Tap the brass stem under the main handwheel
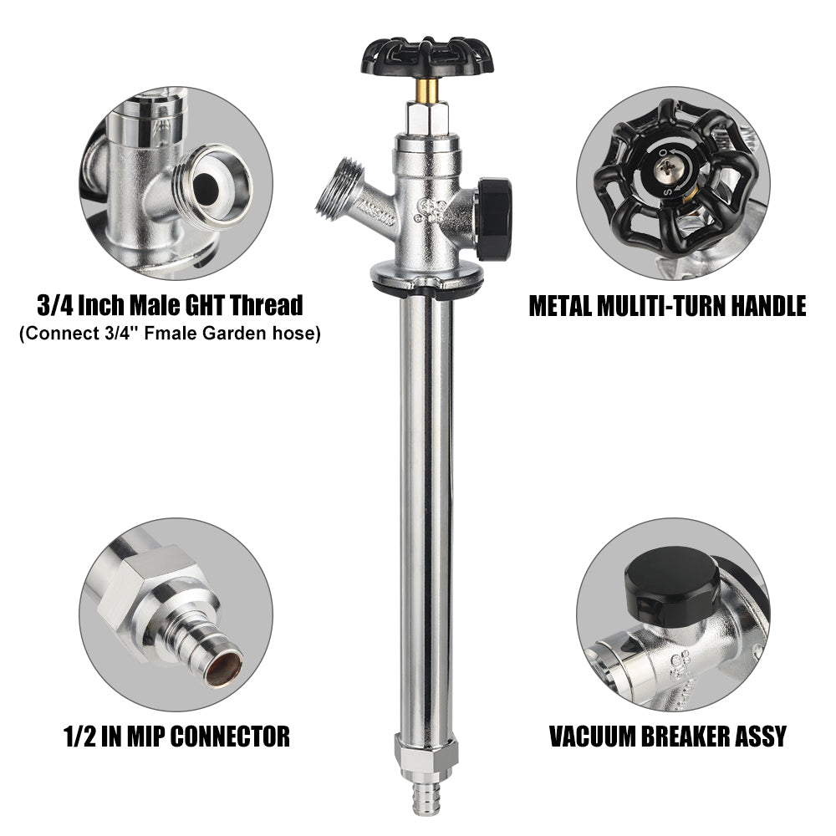427,90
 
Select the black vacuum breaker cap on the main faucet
495,218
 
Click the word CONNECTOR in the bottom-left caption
231,737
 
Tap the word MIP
145,737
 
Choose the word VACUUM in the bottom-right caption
591,737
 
